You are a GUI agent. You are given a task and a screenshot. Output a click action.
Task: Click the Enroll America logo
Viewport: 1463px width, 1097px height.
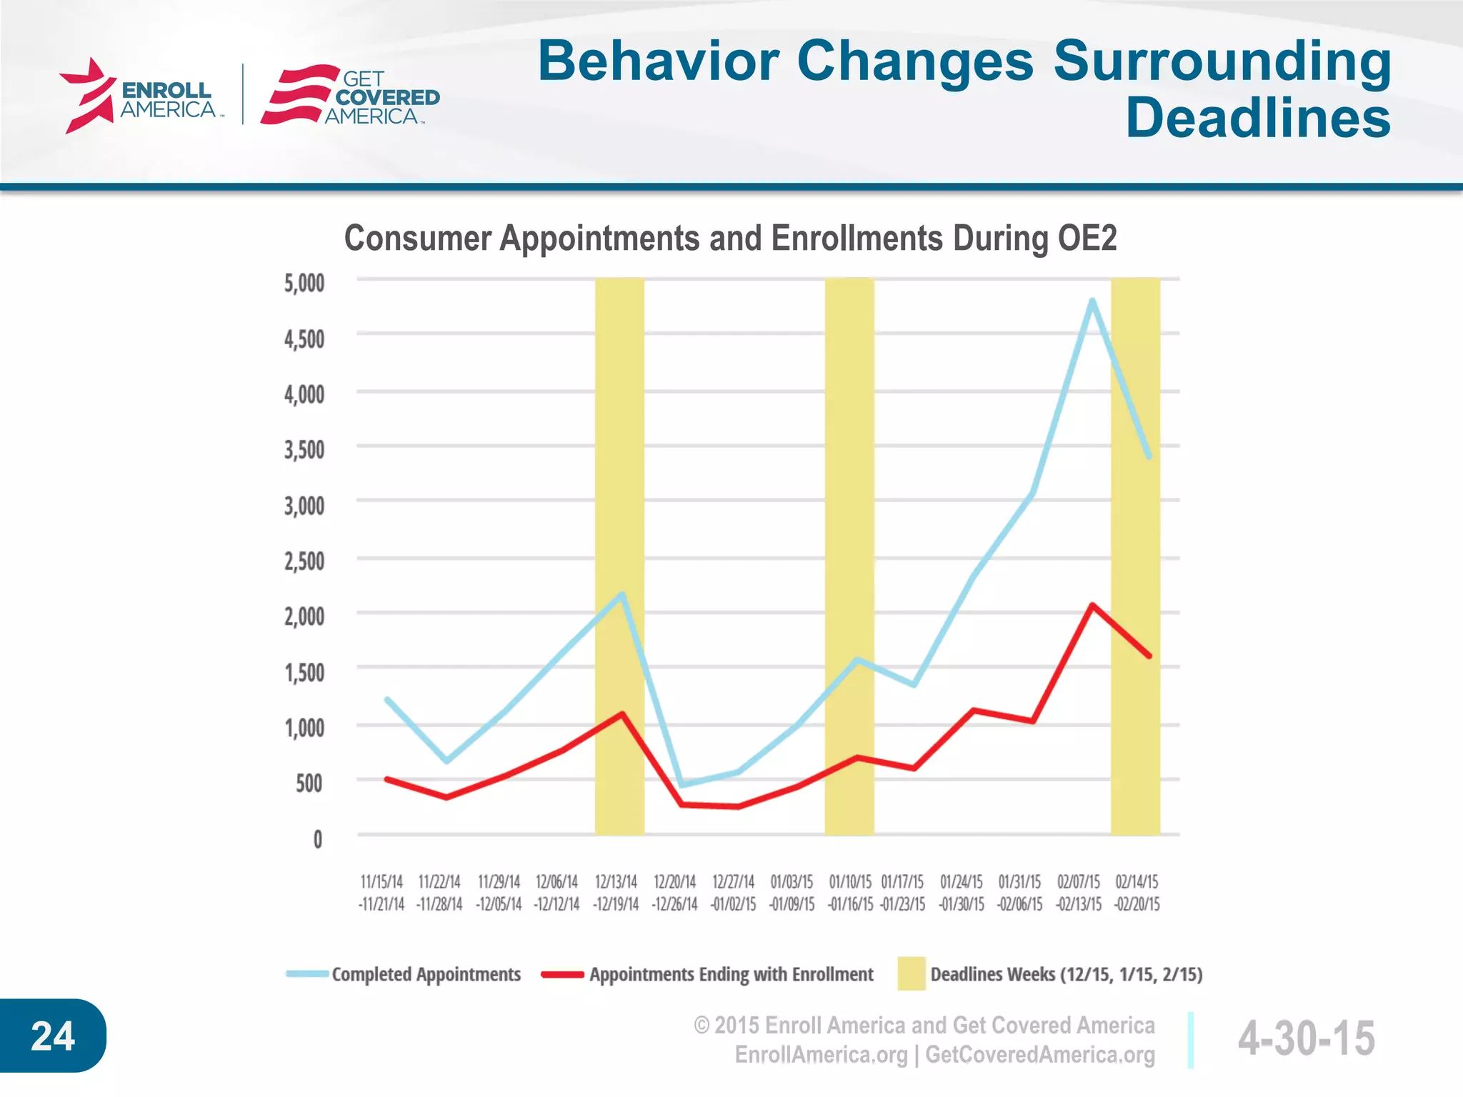tap(139, 96)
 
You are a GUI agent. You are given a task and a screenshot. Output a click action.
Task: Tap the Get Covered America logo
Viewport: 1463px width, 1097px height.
tap(350, 96)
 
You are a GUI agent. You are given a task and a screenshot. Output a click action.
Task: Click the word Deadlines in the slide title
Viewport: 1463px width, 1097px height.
tap(1257, 119)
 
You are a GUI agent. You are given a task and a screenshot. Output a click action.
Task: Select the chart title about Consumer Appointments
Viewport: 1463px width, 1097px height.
tap(730, 238)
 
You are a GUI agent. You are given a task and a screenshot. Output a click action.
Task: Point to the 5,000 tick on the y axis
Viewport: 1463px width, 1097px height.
tap(304, 284)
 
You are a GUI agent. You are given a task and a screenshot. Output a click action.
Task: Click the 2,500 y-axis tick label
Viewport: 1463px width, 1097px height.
tap(304, 561)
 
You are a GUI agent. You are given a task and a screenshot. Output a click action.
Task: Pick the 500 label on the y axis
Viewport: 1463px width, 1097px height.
tap(309, 783)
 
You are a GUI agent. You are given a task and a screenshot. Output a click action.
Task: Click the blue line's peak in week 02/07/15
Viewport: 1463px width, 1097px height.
tap(1092, 301)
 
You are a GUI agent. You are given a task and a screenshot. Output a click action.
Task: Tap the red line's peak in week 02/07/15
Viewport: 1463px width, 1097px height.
tap(1092, 606)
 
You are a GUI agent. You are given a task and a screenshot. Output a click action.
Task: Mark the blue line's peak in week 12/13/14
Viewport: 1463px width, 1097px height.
tap(622, 594)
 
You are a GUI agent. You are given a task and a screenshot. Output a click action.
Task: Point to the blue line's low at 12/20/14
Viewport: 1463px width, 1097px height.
tap(681, 785)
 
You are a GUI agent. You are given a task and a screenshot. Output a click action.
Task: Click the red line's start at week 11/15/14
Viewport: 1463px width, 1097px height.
tap(386, 778)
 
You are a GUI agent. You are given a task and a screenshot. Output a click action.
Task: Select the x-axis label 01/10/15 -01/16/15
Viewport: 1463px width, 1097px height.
tap(850, 893)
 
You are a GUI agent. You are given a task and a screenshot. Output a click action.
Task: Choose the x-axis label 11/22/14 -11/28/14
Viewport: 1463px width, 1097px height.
tap(439, 893)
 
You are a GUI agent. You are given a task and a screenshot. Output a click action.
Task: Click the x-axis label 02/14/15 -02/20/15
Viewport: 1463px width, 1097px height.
tap(1137, 893)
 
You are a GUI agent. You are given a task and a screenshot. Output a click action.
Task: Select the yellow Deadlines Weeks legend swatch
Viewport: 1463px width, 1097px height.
tap(911, 973)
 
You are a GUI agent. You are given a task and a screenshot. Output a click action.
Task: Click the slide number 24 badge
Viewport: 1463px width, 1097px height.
tap(53, 1036)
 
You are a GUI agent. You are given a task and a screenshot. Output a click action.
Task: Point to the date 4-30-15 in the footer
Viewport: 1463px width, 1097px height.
tap(1306, 1038)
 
